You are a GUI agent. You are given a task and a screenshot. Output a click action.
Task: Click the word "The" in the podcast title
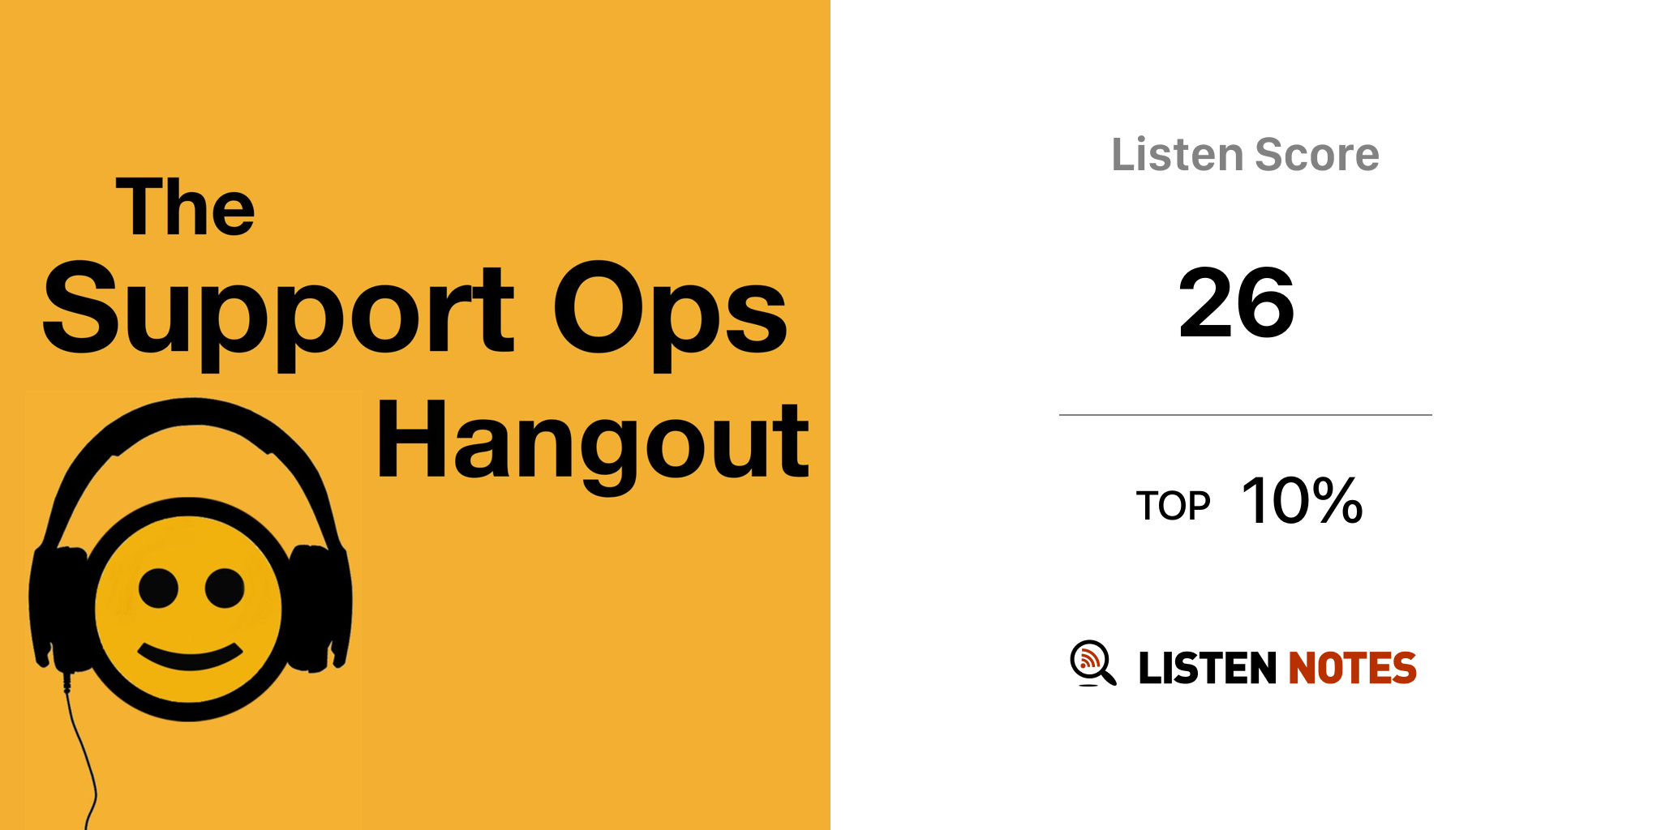[186, 207]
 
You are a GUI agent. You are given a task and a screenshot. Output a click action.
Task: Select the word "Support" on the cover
[278, 315]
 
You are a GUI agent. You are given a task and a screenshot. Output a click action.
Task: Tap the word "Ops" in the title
[670, 315]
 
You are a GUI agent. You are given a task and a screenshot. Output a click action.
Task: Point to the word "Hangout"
[593, 447]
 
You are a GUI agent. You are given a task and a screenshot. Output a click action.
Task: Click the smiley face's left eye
[158, 588]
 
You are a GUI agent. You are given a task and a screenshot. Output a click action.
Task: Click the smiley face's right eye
[225, 588]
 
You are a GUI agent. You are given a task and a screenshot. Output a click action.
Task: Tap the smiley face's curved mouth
[191, 657]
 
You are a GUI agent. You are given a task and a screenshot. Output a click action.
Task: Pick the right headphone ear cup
[321, 608]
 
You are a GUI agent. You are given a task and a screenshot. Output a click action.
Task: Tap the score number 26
[1236, 303]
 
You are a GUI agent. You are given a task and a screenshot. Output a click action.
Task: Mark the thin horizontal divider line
[1246, 415]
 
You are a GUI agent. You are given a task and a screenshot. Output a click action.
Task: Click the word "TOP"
[1173, 506]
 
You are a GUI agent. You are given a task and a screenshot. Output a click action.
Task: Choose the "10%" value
[1303, 500]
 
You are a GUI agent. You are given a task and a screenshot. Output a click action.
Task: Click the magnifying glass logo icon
[1092, 663]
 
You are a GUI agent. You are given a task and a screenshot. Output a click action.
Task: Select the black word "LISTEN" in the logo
[1208, 668]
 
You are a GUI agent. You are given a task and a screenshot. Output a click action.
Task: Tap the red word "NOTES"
[1352, 668]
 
